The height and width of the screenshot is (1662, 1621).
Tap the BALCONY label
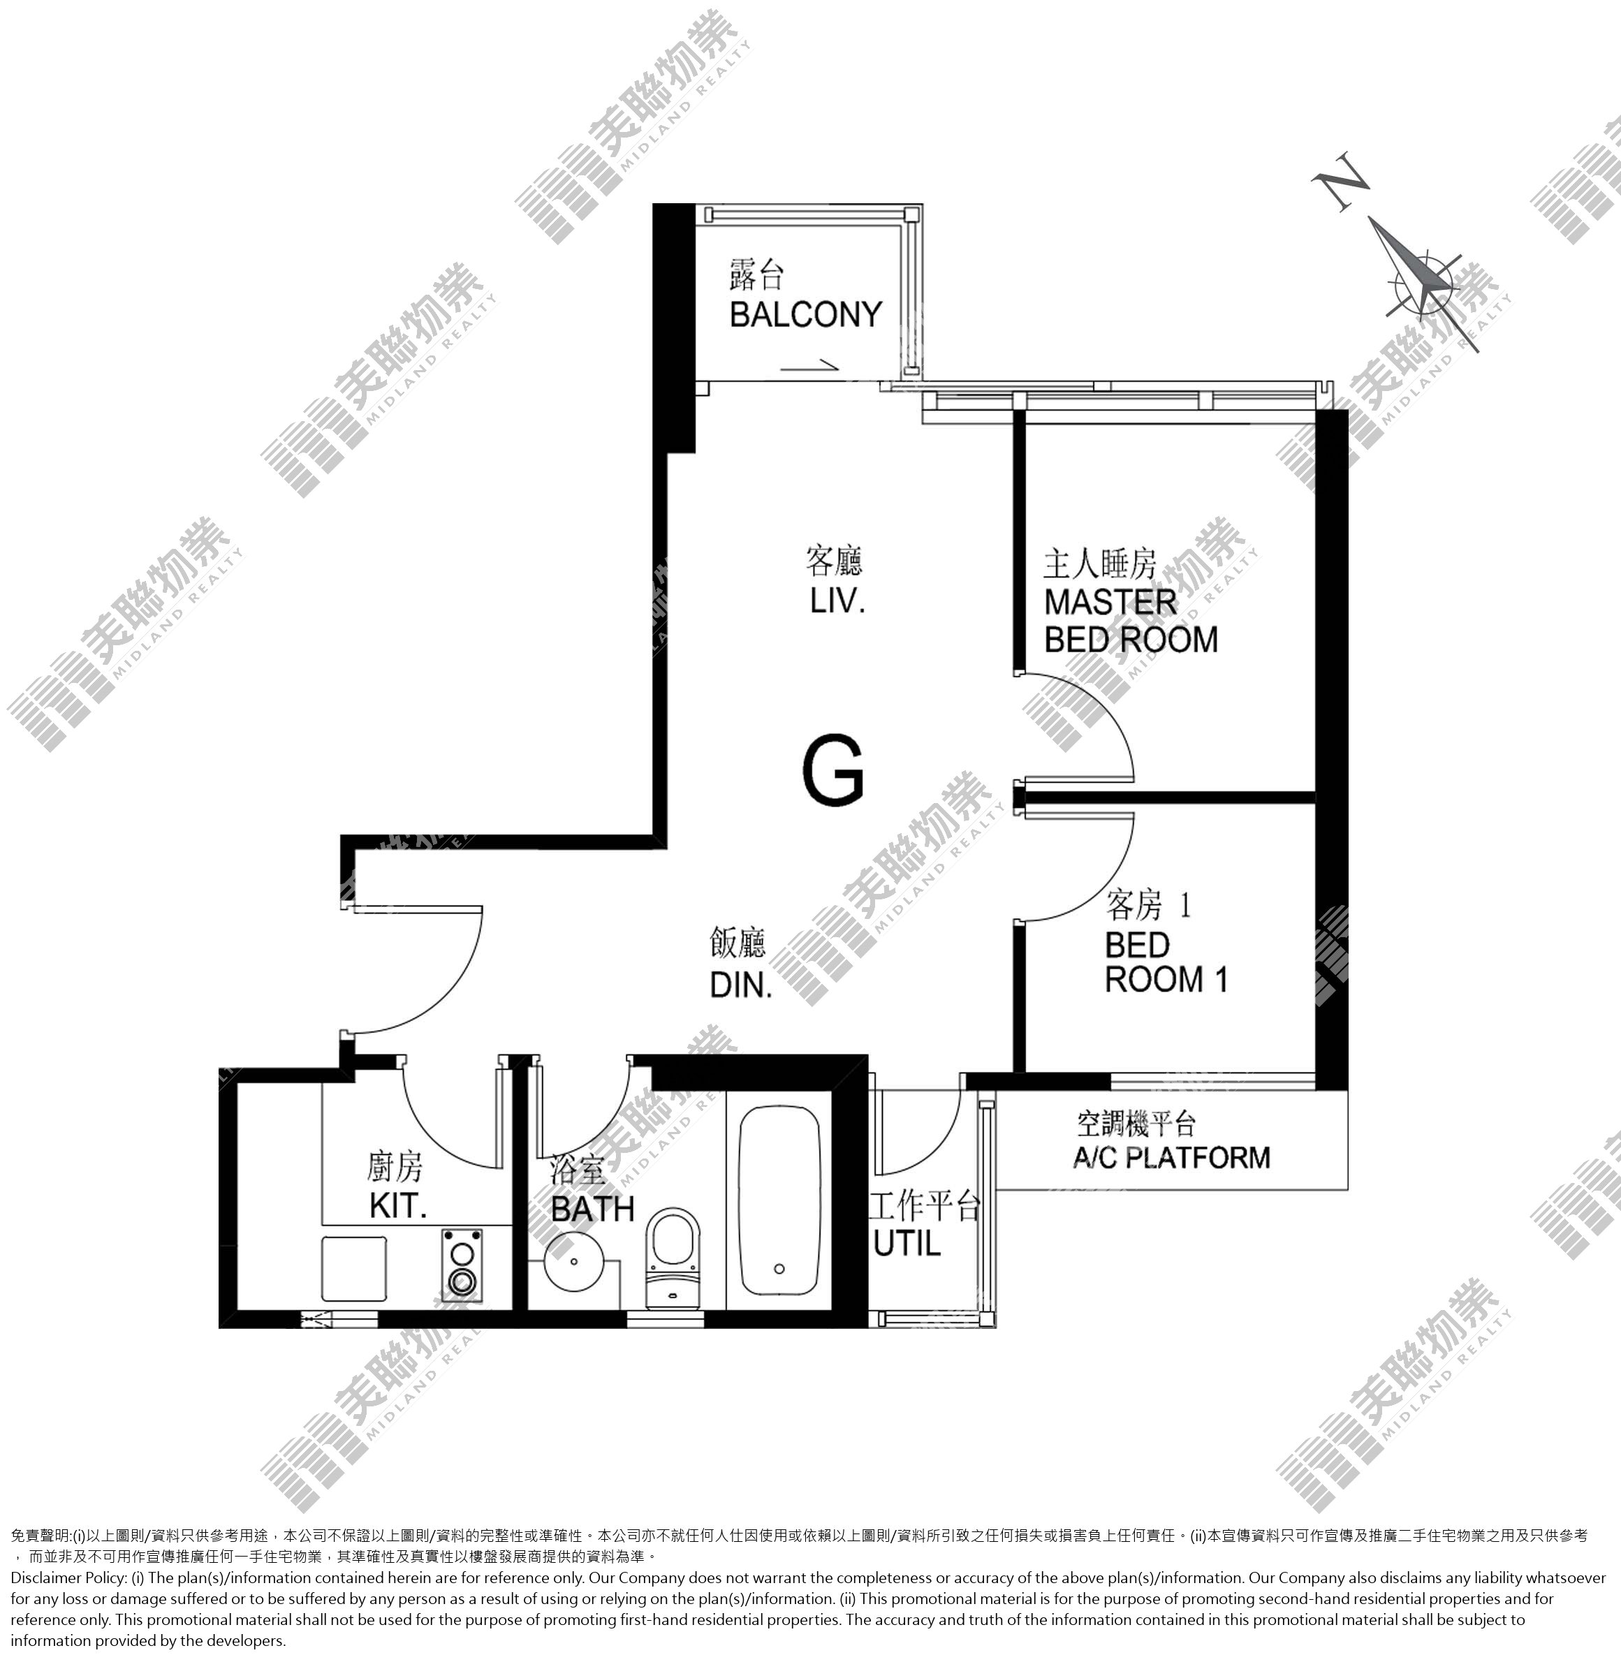tap(805, 314)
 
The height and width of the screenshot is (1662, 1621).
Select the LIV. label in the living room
tap(838, 601)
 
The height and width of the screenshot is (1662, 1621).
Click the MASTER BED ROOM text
tap(1131, 621)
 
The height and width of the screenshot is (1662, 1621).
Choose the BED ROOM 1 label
tap(1166, 962)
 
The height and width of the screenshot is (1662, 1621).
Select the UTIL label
tap(907, 1244)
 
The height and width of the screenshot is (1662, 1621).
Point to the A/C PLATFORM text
tap(1171, 1157)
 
